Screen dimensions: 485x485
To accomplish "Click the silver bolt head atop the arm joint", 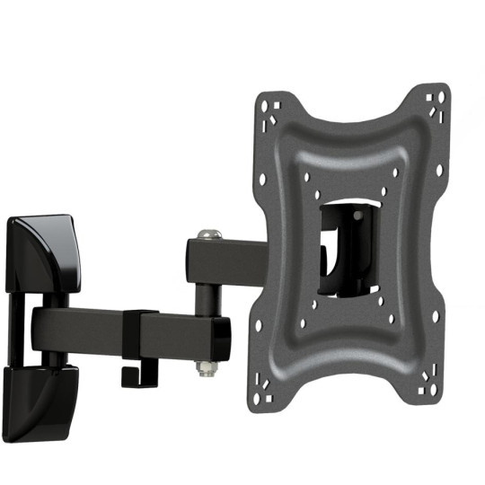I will pyautogui.click(x=208, y=234).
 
